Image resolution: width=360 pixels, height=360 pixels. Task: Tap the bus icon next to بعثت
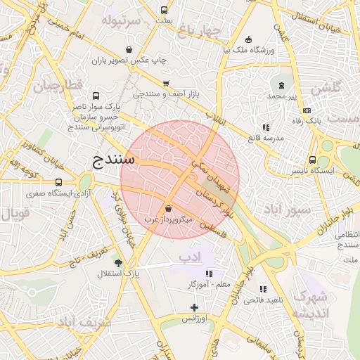164,11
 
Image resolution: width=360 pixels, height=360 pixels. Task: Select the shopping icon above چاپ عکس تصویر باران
129,49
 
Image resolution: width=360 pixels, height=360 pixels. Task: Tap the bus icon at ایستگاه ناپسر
312,160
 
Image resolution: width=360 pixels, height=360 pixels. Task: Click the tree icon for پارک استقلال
117,262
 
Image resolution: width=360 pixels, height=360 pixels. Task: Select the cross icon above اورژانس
195,307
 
